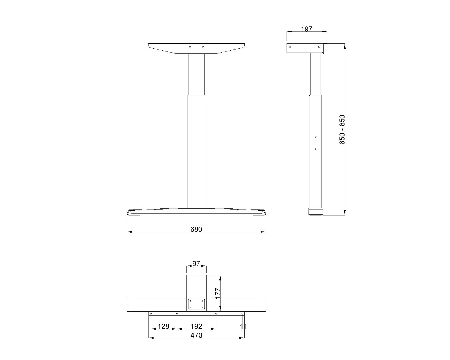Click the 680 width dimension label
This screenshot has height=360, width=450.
click(196, 229)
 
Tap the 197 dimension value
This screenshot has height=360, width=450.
click(307, 29)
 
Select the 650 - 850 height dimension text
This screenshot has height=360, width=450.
click(342, 130)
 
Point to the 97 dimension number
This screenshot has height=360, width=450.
click(196, 263)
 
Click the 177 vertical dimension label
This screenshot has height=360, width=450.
click(218, 293)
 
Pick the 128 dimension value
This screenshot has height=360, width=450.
click(163, 326)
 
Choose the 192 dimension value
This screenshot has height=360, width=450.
click(197, 326)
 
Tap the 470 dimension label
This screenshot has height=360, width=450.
click(196, 336)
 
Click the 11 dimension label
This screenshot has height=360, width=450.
click(243, 327)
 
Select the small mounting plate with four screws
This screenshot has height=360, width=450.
click(196, 304)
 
